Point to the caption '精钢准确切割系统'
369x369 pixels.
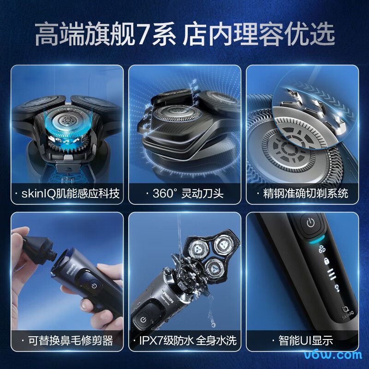pyautogui.click(x=302, y=193)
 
